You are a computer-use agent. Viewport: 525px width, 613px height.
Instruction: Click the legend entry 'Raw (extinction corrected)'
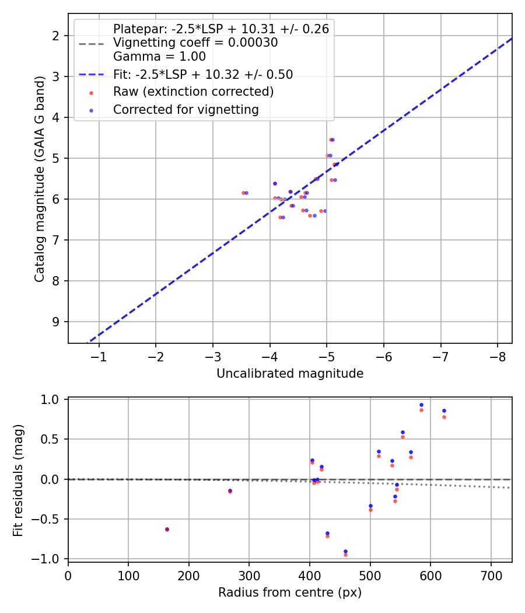[x=193, y=92]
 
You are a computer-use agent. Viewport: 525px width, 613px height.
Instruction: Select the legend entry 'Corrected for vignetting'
[x=186, y=109]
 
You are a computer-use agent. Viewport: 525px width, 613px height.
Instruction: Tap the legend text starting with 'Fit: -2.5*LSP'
[x=203, y=74]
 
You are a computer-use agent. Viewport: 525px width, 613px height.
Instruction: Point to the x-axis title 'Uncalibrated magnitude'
[x=290, y=374]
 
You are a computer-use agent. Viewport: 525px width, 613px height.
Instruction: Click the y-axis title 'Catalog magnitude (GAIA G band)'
[x=39, y=179]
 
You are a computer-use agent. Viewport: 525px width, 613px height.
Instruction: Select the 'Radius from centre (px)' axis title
[x=290, y=593]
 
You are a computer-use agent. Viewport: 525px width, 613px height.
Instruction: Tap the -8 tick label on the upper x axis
[x=497, y=357]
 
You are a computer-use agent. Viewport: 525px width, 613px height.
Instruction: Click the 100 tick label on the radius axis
[x=128, y=576]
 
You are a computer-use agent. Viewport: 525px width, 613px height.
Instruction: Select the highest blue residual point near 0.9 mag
[x=421, y=405]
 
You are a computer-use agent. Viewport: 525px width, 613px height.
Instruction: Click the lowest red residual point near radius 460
[x=345, y=555]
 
